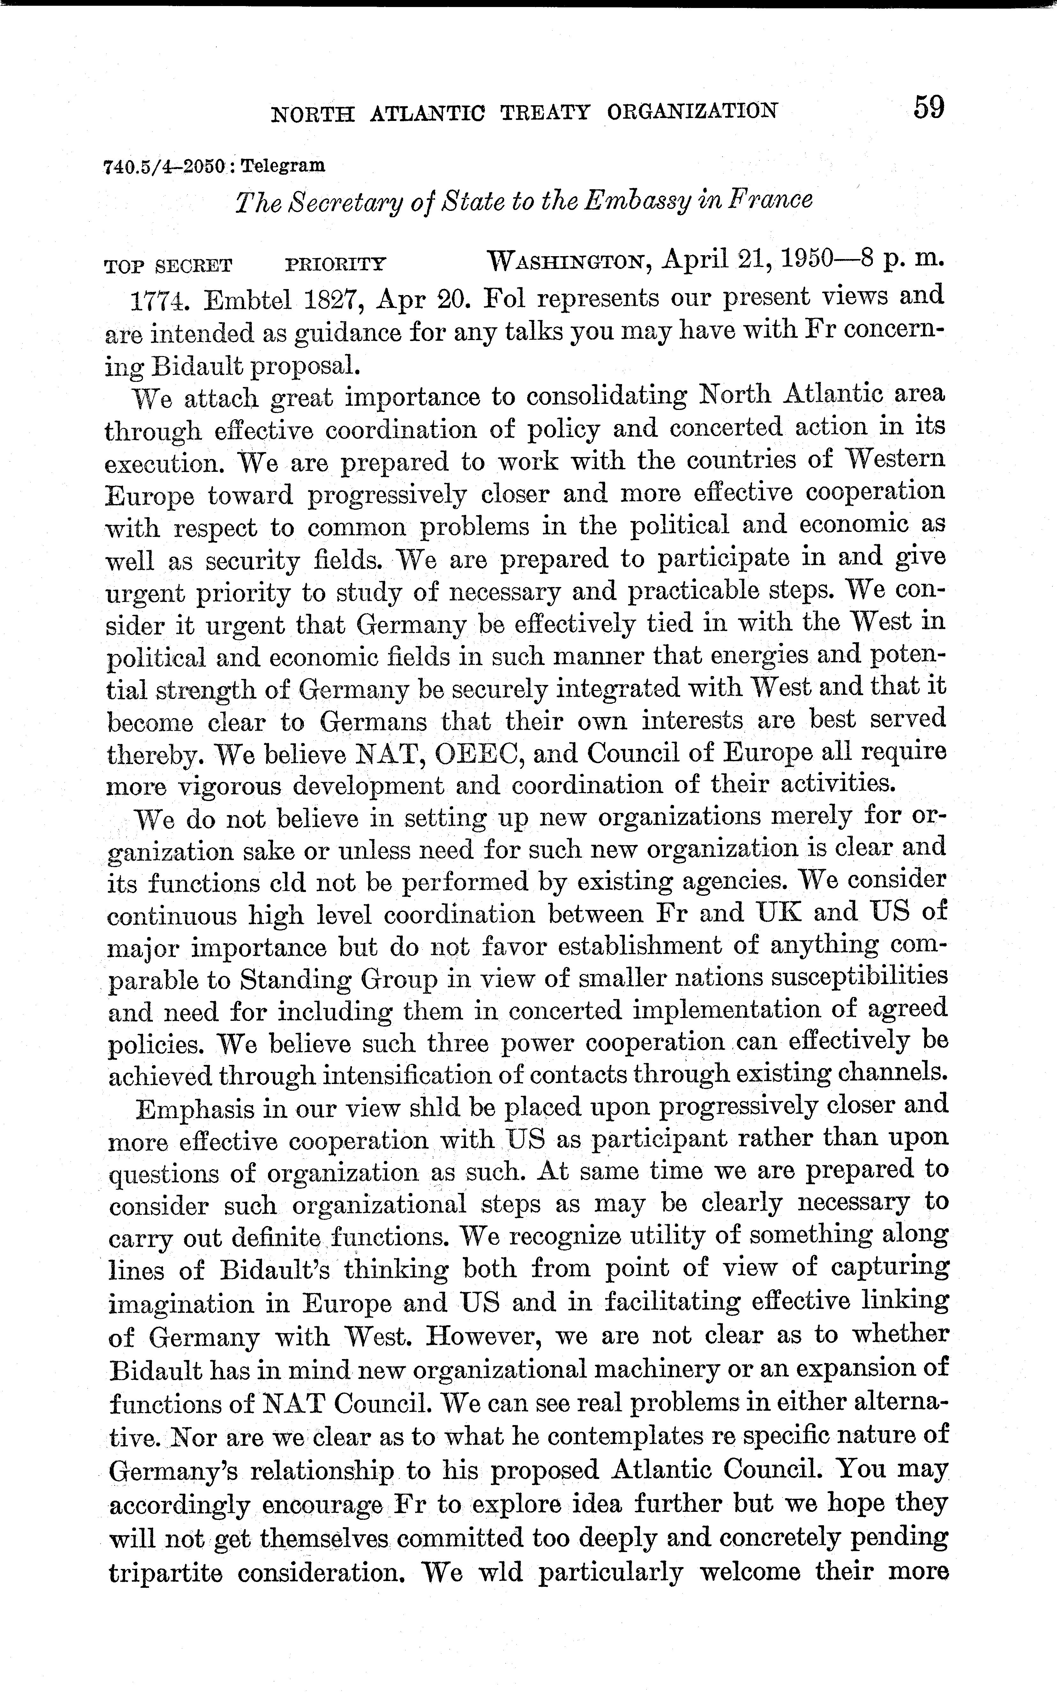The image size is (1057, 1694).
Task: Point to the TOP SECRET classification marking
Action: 168,265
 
